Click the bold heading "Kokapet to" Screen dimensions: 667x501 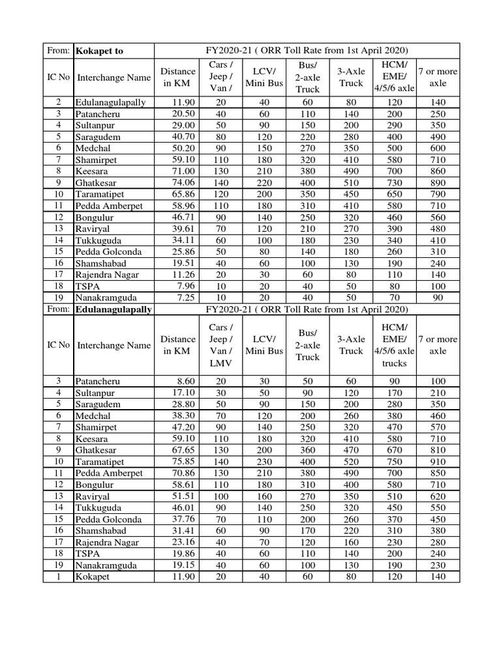(99, 51)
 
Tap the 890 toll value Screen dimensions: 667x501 (438, 183)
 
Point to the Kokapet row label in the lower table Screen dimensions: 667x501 (93, 576)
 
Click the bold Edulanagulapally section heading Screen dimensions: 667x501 (114, 309)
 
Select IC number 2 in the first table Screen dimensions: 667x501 (59, 103)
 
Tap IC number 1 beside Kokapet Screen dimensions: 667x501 (59, 576)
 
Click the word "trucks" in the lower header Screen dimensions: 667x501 (394, 363)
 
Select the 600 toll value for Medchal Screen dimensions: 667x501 (438, 149)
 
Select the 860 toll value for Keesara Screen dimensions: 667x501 (438, 171)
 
